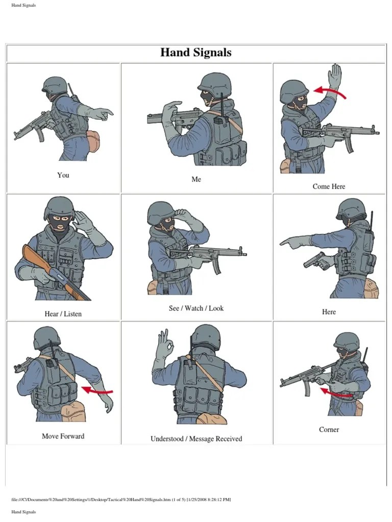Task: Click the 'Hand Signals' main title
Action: coord(195,53)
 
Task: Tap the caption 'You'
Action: coord(63,175)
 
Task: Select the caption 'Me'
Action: coord(196,179)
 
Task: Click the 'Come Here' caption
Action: coord(329,187)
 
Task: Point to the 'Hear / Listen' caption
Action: coord(63,314)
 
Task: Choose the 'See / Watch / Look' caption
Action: coord(196,308)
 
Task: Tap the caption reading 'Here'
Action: coord(329,312)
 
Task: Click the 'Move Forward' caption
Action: coord(63,436)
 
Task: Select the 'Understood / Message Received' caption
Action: coord(196,439)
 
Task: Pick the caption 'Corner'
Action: coord(329,429)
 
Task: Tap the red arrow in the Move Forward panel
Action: coord(97,390)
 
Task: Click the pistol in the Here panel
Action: coord(314,260)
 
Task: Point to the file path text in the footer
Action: coord(121,500)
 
